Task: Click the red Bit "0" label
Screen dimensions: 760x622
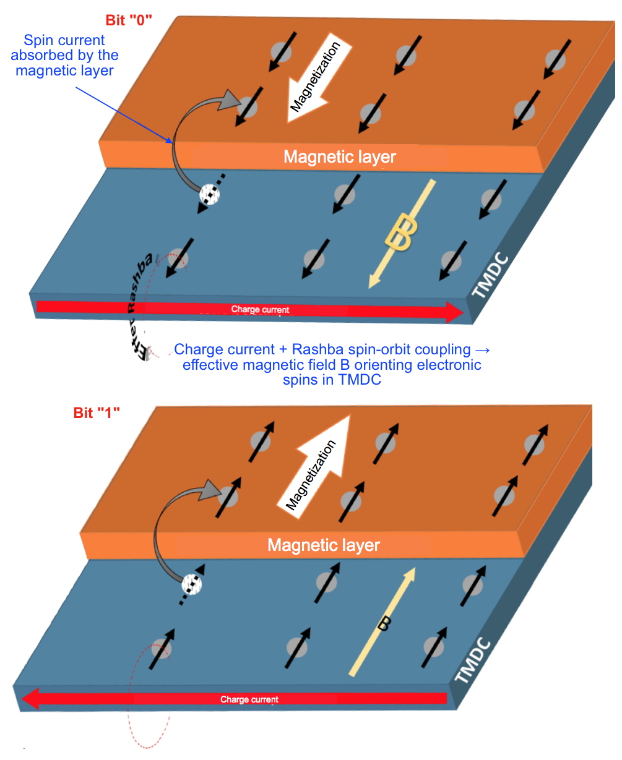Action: click(x=129, y=20)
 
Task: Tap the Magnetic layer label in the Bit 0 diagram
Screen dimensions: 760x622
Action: click(x=340, y=157)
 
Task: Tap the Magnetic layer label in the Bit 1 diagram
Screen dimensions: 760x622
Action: click(x=324, y=545)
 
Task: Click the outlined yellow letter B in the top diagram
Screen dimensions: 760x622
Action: click(x=400, y=233)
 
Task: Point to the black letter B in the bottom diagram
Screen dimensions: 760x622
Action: click(x=383, y=625)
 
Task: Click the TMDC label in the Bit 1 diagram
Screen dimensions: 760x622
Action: click(x=473, y=661)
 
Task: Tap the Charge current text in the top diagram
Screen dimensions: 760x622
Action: click(x=260, y=310)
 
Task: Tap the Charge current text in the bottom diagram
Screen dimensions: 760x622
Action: click(x=249, y=699)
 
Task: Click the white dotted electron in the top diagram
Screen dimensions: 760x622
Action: click(x=209, y=195)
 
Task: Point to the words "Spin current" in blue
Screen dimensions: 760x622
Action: click(x=64, y=41)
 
